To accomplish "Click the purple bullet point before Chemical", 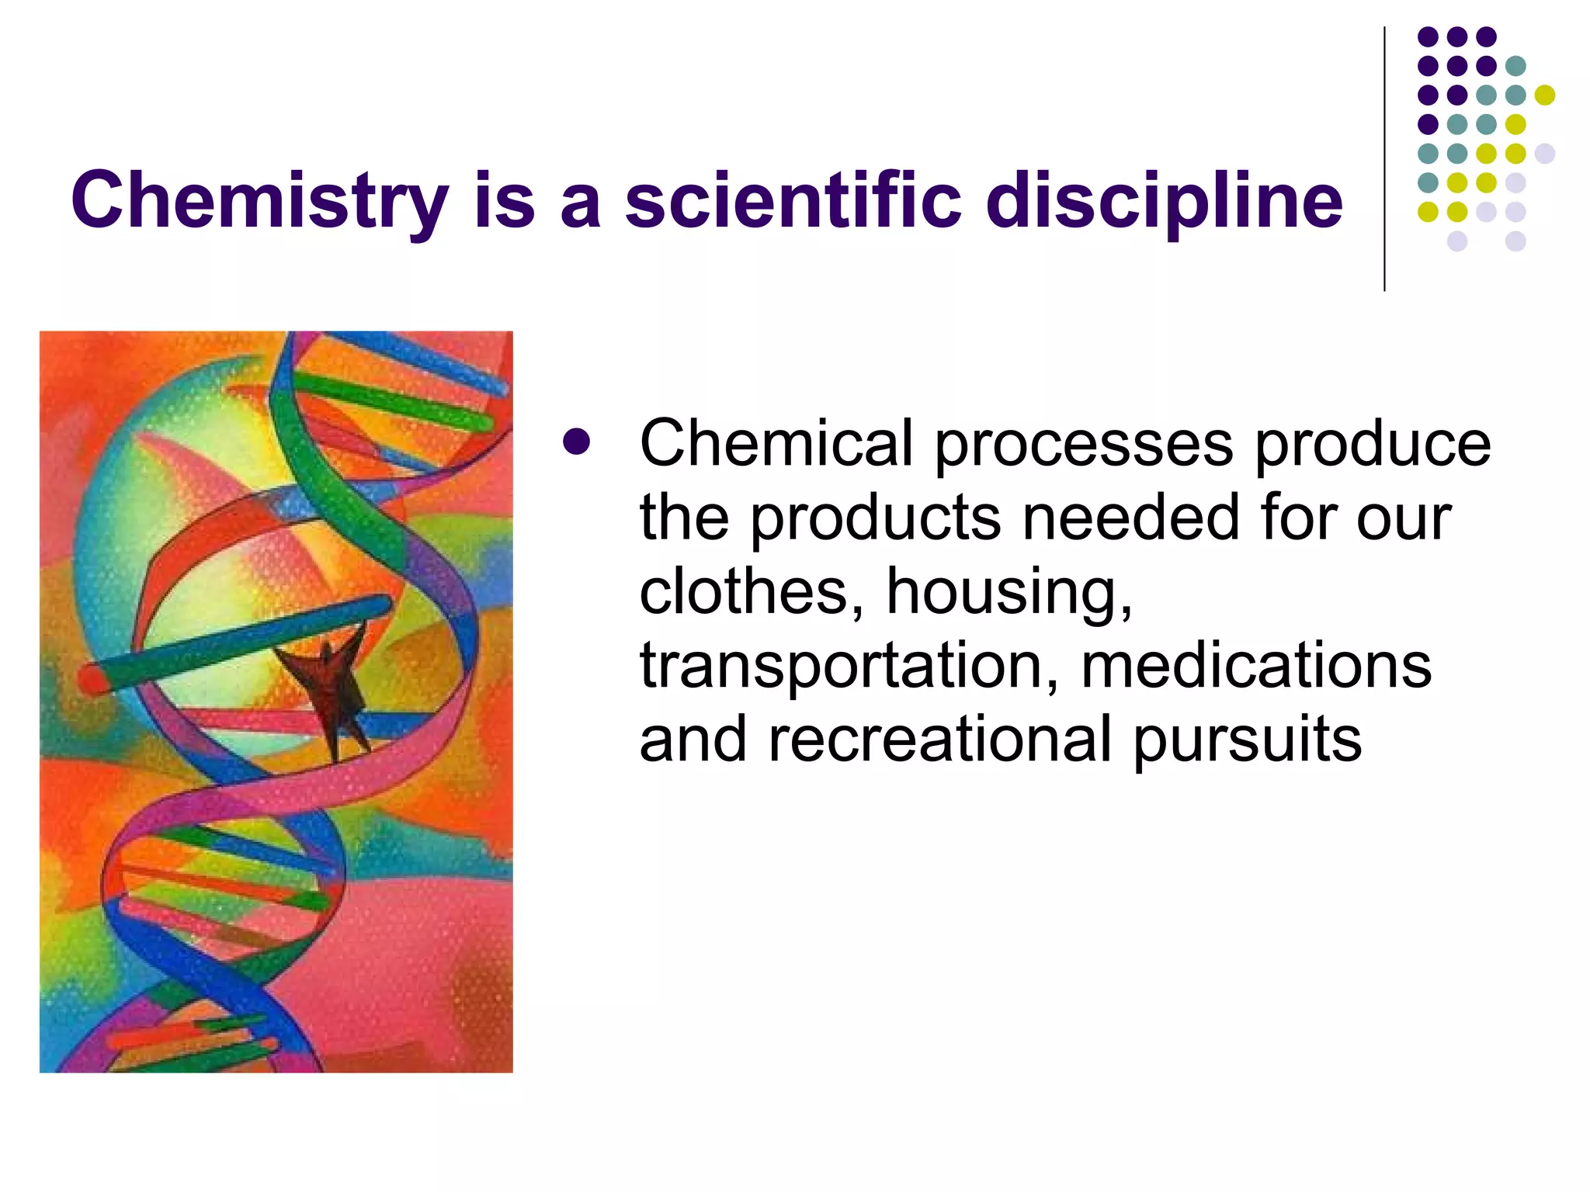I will pos(577,443).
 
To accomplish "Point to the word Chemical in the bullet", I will pos(776,443).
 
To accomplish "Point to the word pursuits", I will pos(1247,741).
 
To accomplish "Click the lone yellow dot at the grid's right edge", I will pos(1545,95).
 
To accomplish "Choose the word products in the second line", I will pos(875,519).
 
